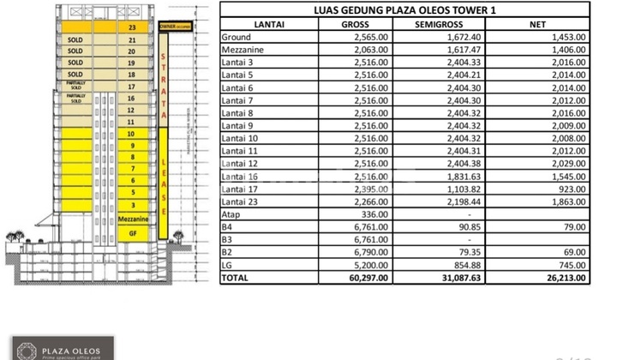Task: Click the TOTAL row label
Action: pyautogui.click(x=237, y=279)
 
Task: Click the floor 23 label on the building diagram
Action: pyautogui.click(x=132, y=27)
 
